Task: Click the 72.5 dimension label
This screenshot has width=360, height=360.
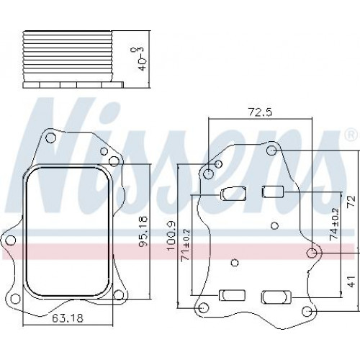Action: point(260,112)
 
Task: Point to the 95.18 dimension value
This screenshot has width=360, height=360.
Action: point(144,232)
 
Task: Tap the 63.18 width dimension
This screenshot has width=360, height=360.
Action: point(68,318)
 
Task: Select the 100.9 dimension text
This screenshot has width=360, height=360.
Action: point(171,236)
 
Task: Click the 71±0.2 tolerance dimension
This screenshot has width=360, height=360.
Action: point(186,245)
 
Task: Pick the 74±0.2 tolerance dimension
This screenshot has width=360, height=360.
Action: point(341,224)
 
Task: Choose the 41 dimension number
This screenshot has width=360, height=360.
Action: point(351,282)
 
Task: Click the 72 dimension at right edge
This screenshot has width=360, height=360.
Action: point(351,202)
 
